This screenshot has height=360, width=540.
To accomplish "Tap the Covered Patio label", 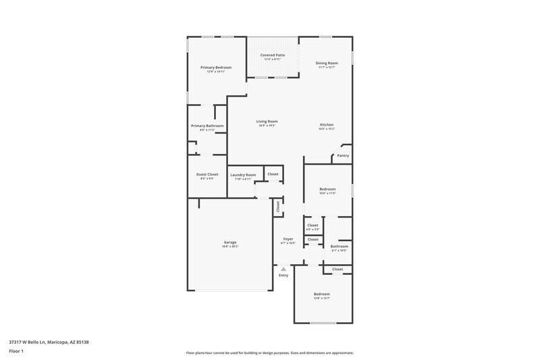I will pyautogui.click(x=273, y=54).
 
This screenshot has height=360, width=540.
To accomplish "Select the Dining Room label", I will pyautogui.click(x=327, y=63).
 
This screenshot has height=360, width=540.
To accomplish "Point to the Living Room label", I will pyautogui.click(x=267, y=122).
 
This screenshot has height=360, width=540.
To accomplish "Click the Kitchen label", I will pyautogui.click(x=327, y=125).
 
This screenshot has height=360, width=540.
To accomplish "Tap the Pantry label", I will pyautogui.click(x=343, y=156).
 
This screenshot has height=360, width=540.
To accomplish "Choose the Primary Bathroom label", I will pyautogui.click(x=207, y=126).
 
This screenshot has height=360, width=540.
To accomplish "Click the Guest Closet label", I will pyautogui.click(x=207, y=174).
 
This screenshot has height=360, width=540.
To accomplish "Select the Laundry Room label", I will pyautogui.click(x=243, y=175).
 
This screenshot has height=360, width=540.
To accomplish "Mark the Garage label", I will pyautogui.click(x=230, y=242).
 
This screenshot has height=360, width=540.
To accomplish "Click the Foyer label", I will pyautogui.click(x=288, y=239).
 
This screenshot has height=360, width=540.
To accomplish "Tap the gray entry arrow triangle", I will pyautogui.click(x=283, y=269).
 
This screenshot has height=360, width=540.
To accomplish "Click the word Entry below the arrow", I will pyautogui.click(x=283, y=275).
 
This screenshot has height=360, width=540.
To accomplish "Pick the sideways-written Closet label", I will pyautogui.click(x=277, y=208).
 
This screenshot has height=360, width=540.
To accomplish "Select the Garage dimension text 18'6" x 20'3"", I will pyautogui.click(x=230, y=247).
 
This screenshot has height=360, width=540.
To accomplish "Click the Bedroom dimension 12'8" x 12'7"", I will pyautogui.click(x=321, y=299).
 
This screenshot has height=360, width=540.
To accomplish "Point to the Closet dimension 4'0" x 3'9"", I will pyautogui.click(x=313, y=229).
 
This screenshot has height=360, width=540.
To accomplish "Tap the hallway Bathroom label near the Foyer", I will pyautogui.click(x=340, y=246).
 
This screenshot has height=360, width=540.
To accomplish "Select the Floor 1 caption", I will pyautogui.click(x=16, y=352).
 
